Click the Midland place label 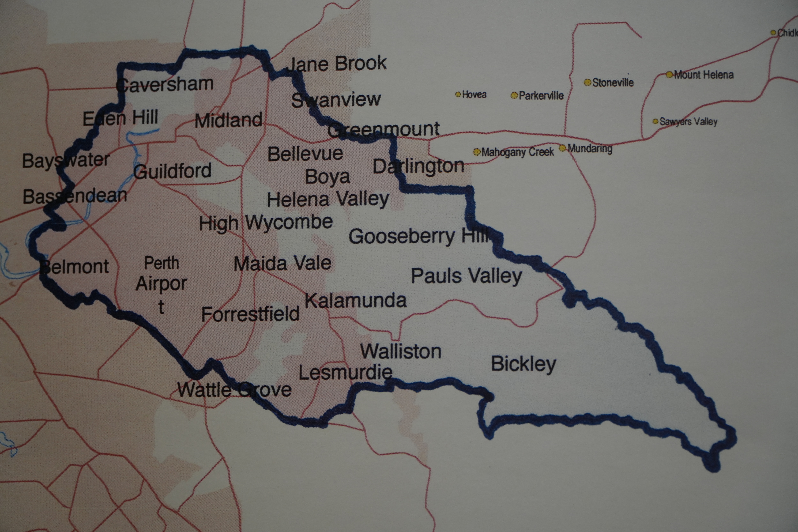228,121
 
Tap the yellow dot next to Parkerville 514,95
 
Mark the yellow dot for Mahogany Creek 477,152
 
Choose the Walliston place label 401,351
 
